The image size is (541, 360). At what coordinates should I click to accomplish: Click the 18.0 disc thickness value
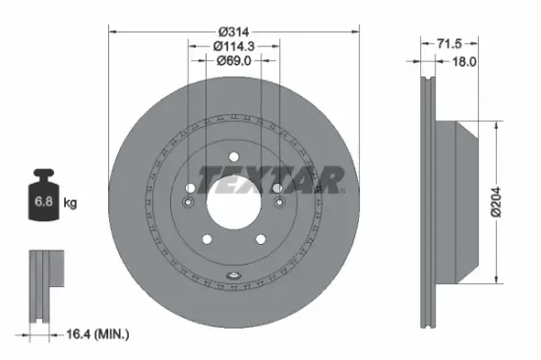(463, 62)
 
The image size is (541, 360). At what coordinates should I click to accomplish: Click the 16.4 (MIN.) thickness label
(96, 334)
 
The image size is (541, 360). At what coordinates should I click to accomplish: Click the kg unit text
(70, 203)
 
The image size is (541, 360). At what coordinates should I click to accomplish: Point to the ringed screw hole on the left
(187, 203)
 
